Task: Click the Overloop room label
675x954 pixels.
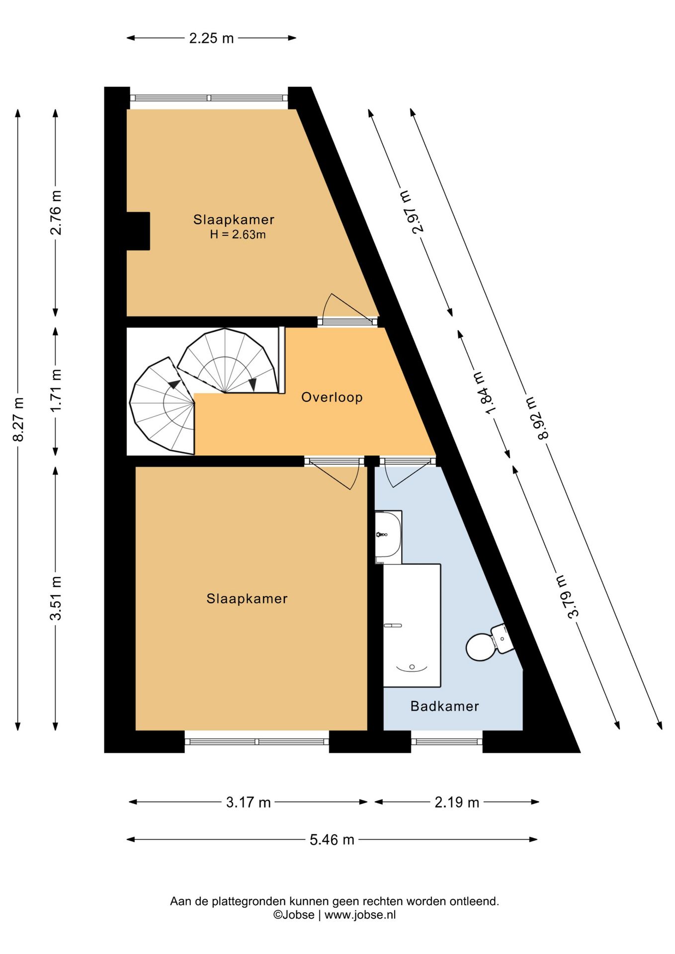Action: coord(332,397)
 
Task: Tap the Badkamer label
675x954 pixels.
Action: coord(444,706)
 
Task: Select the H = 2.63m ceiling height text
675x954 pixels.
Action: coord(238,235)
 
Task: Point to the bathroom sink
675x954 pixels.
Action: coord(388,537)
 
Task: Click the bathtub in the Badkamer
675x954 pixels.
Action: coord(412,626)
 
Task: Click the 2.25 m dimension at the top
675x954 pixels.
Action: coord(211,38)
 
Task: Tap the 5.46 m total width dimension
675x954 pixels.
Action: coord(332,840)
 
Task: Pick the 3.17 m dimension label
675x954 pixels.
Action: coord(248,802)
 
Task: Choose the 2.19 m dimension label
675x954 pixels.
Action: coord(457,802)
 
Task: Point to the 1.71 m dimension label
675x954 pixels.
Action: coord(56,390)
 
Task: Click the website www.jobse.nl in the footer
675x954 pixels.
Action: coord(360,915)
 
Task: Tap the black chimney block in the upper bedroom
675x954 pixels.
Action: coord(138,231)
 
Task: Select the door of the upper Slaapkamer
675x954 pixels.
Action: coord(348,308)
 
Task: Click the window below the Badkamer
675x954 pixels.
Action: coord(447,741)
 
